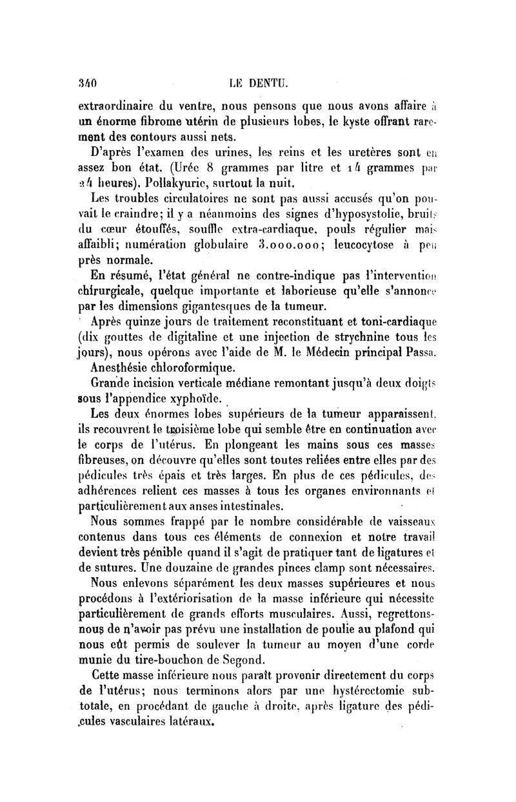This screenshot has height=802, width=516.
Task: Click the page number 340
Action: click(86, 82)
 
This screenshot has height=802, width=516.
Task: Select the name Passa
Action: click(422, 351)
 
